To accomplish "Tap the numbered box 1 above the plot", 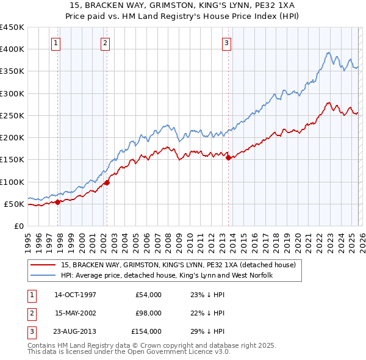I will coord(56,43).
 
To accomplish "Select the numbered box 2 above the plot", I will coord(106,43).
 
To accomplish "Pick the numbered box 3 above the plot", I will coord(226,43).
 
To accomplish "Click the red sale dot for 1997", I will coord(58,202).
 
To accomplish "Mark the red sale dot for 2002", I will coord(107,182).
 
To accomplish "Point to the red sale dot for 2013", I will coord(229,158).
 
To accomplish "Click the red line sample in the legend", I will coord(45,265).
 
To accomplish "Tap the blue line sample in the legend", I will coord(45,276).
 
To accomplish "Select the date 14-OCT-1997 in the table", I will coord(75,295).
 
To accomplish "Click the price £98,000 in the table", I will coord(148,313).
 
